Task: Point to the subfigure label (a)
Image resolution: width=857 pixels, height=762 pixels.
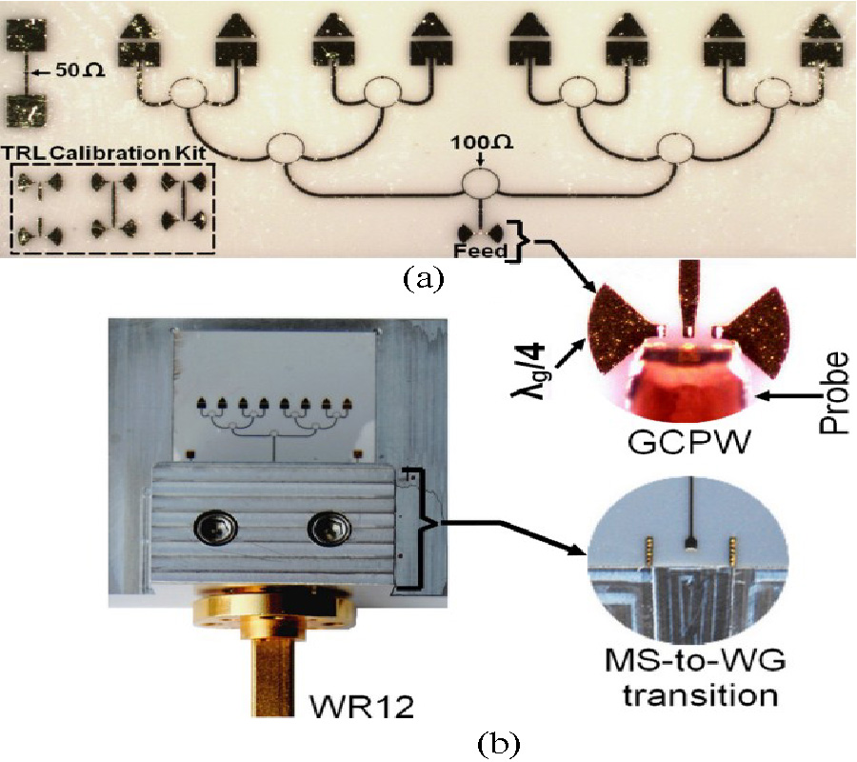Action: coord(425,277)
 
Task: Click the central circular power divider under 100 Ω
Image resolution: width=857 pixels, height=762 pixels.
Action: coord(481,185)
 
